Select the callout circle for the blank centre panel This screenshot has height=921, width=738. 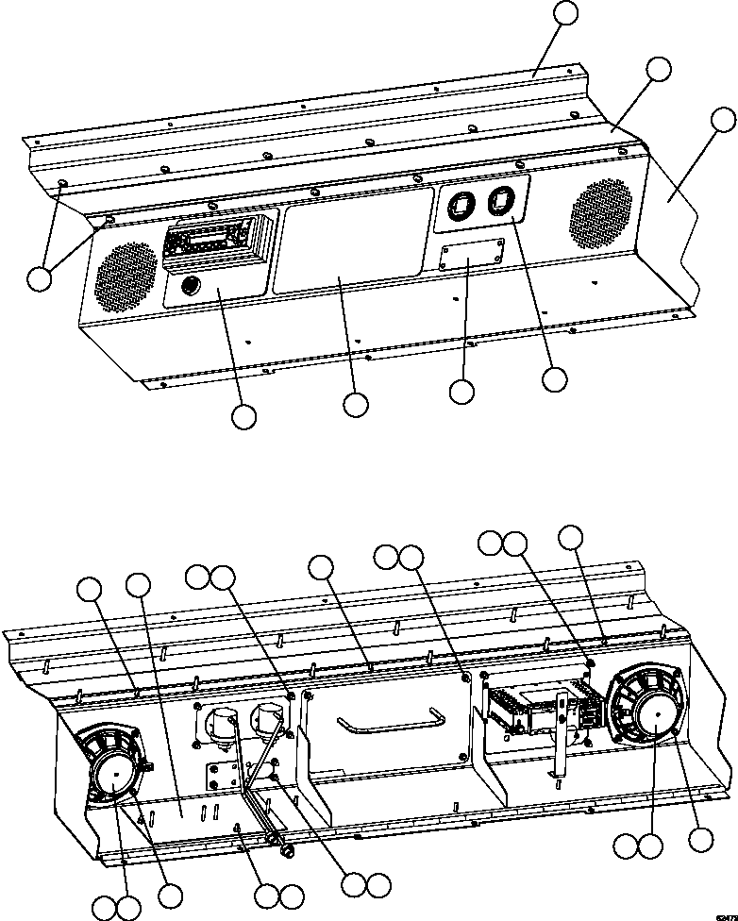[x=355, y=404]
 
